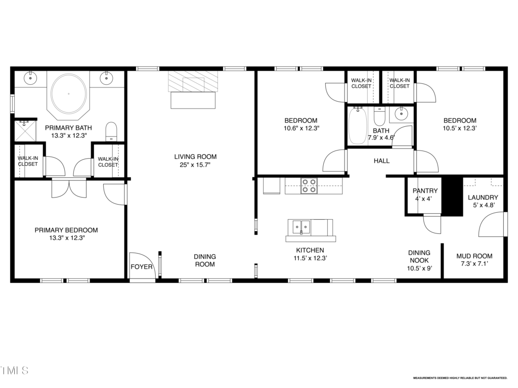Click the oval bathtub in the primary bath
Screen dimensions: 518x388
(69, 93)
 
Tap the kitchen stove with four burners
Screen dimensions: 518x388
(309, 186)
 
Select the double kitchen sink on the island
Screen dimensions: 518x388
(301, 227)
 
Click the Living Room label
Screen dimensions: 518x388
(195, 157)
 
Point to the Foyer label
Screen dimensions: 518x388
(142, 267)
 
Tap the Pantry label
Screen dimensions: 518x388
(425, 190)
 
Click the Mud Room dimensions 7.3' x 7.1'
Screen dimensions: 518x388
(474, 264)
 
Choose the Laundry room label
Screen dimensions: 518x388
(483, 198)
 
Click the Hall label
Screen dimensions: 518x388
(381, 161)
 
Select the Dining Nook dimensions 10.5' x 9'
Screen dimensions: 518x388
(419, 268)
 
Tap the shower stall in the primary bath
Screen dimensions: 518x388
(25, 131)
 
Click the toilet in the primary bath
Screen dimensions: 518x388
(111, 132)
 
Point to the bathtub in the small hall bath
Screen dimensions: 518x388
(358, 125)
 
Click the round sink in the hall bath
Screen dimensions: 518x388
(401, 115)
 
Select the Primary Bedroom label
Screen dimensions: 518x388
(66, 230)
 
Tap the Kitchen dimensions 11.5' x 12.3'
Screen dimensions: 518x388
(310, 258)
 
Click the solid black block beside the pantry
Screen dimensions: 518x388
(452, 197)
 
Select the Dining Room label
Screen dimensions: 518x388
(205, 260)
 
